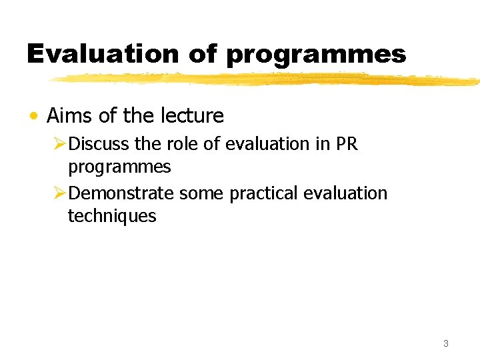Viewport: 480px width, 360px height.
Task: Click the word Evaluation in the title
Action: [102, 54]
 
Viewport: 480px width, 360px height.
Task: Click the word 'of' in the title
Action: [203, 54]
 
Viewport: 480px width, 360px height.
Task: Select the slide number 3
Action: [445, 344]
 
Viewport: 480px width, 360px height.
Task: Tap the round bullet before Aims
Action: [33, 117]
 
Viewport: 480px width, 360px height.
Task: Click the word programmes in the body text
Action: [119, 167]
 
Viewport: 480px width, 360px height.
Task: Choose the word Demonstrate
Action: [121, 193]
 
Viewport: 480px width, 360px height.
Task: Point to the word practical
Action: [264, 193]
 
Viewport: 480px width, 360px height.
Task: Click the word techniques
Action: [112, 216]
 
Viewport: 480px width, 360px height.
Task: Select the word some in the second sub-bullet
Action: [202, 193]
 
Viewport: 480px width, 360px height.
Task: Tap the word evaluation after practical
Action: [345, 193]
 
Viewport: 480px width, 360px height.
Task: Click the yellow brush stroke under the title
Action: [267, 79]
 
